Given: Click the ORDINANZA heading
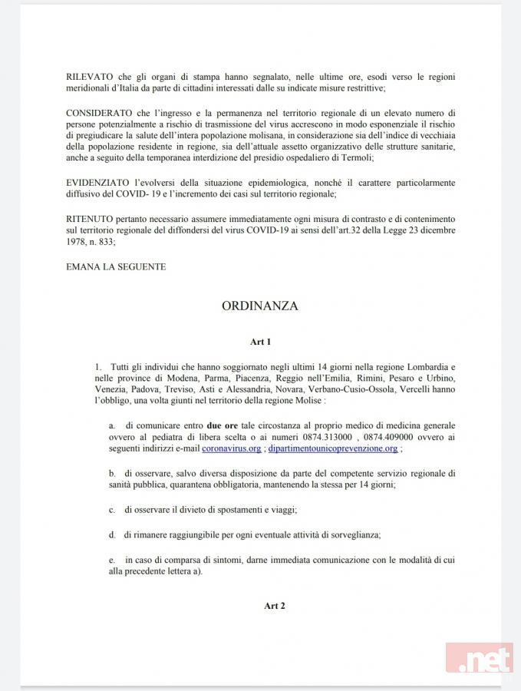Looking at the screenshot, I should point(260,306).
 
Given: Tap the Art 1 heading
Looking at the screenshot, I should point(261,341).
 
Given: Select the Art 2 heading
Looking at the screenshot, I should point(274,606).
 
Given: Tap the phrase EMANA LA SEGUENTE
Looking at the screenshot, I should point(115,266).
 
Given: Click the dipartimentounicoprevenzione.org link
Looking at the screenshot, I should point(331,449).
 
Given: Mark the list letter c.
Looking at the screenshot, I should point(112,510).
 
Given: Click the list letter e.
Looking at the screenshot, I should point(112,559).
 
